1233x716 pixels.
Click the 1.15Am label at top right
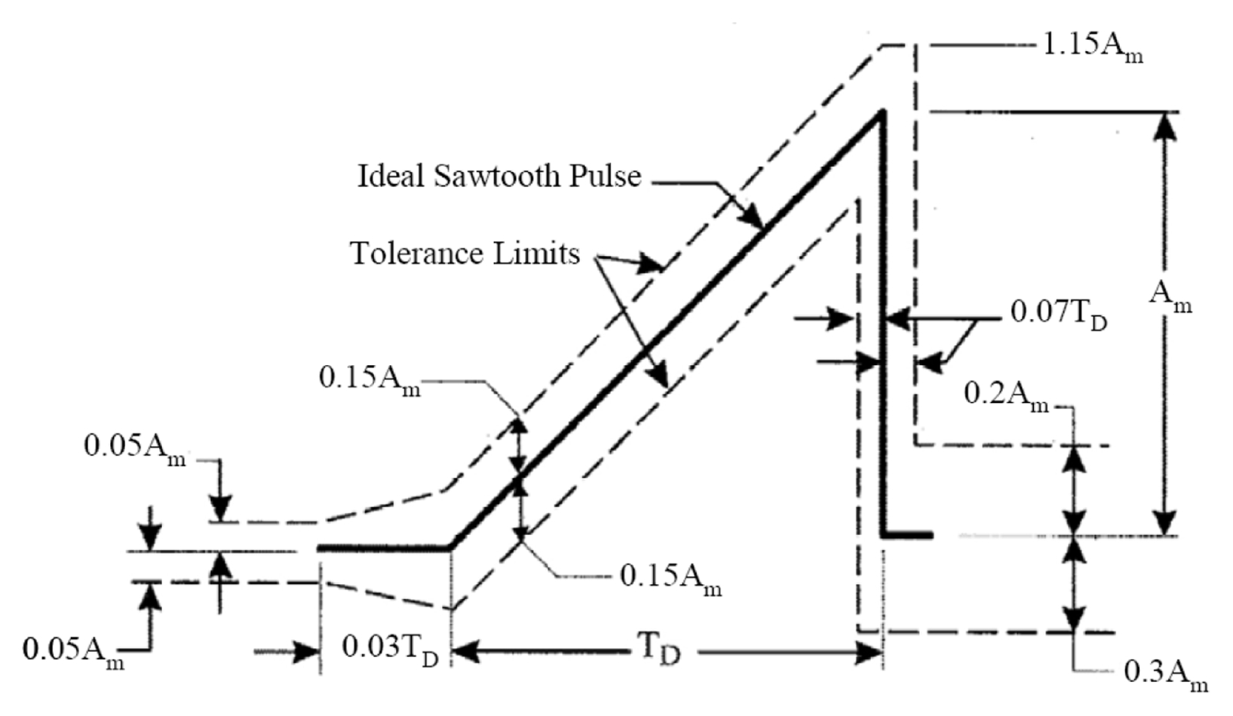click(1093, 48)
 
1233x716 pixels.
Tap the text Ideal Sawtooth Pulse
click(498, 177)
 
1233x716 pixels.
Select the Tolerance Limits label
click(465, 254)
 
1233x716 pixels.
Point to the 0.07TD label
click(1058, 313)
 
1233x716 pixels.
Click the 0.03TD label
click(390, 649)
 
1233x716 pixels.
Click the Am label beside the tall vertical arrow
click(1170, 296)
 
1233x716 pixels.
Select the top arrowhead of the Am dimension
click(1166, 124)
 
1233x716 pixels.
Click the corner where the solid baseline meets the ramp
click(450, 548)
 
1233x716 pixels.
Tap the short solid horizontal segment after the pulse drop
click(907, 535)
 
